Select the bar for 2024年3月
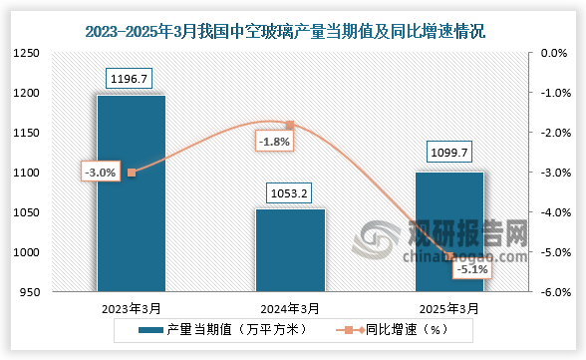coord(290,250)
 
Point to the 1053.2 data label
coord(290,192)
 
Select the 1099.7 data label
coord(449,155)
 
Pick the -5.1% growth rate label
coord(469,269)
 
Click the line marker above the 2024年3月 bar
coord(290,125)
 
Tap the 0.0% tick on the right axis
coord(552,54)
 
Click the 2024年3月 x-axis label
coord(290,308)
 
